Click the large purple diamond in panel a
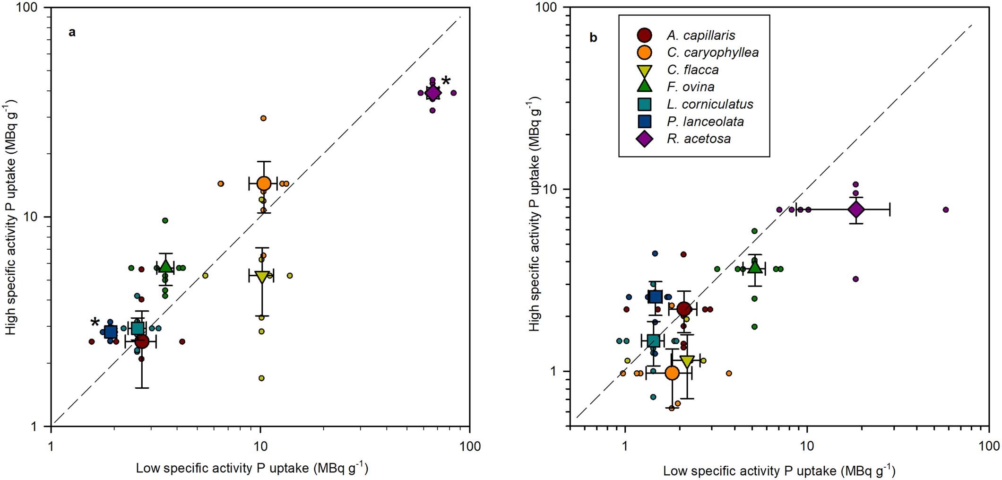tap(432, 93)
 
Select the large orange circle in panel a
tap(264, 183)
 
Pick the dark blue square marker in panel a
tap(111, 332)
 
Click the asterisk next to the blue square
tap(95, 323)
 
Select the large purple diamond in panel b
tap(856, 209)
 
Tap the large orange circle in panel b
tap(672, 373)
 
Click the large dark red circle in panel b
tap(684, 309)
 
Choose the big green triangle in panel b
tap(755, 268)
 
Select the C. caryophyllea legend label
tap(712, 52)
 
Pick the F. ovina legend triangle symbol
tap(645, 87)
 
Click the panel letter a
tap(72, 32)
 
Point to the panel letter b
tap(593, 38)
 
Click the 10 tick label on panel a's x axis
tap(260, 446)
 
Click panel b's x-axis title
tap(779, 471)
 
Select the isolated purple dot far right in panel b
tap(946, 209)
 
